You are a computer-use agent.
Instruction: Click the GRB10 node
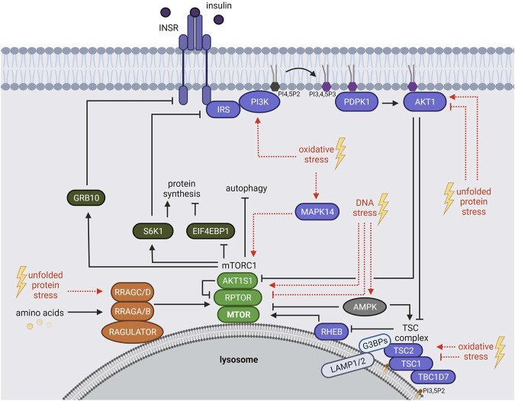[x=86, y=198]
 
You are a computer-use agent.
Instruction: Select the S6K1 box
[x=153, y=231]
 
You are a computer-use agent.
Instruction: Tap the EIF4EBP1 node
[x=211, y=231]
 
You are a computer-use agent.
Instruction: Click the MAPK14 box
[x=317, y=212]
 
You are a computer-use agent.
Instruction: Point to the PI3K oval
[x=259, y=101]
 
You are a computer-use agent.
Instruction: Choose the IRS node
[x=224, y=109]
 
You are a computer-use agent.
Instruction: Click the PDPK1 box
[x=356, y=101]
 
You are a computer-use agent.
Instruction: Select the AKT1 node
[x=425, y=101]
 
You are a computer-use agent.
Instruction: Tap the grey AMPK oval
[x=365, y=307]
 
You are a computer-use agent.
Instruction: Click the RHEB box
[x=331, y=332]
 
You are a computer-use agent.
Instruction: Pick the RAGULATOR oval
[x=133, y=332]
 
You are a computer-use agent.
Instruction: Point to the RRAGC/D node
[x=133, y=292]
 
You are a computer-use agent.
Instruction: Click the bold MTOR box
[x=239, y=314]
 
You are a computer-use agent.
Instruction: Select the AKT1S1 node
[x=237, y=281]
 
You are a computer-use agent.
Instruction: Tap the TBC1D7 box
[x=433, y=377]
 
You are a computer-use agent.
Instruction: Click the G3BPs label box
[x=375, y=344]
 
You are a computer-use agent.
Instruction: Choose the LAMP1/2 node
[x=348, y=366]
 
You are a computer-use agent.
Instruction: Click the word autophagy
[x=246, y=188]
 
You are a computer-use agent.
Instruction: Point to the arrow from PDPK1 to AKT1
[x=390, y=103]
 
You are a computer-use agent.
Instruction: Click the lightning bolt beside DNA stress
[x=383, y=209]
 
